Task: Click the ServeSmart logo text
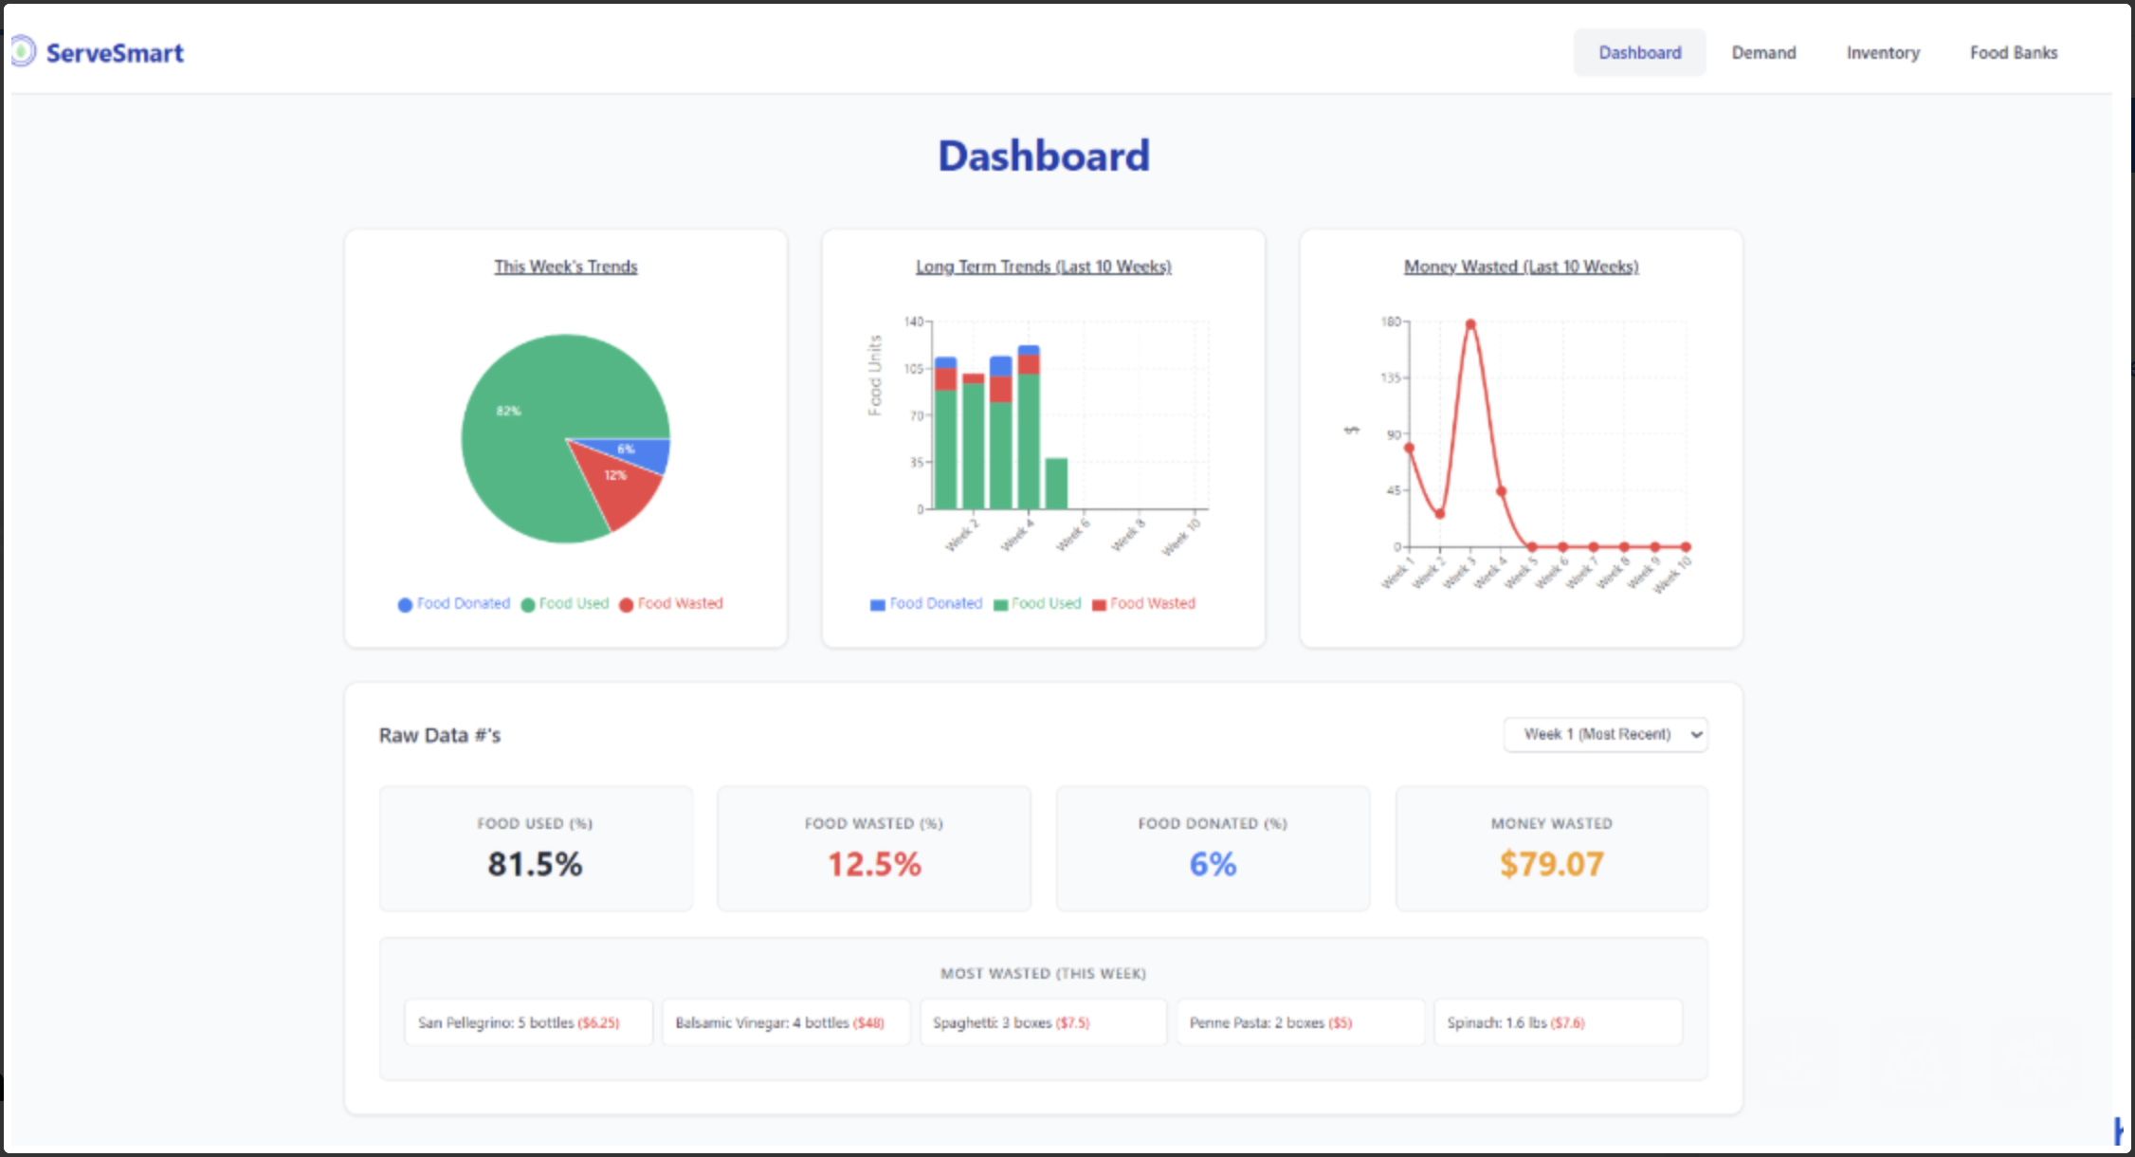(114, 53)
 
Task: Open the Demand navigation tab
(1763, 53)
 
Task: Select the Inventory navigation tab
(1883, 53)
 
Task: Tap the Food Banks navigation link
(2014, 53)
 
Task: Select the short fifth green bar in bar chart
(1056, 484)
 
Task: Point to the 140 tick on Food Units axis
(913, 322)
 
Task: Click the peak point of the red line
(1470, 324)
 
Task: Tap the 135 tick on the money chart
(1390, 378)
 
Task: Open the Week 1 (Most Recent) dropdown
(1605, 735)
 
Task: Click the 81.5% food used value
(535, 864)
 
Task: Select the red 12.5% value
(874, 864)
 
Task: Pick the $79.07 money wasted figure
(1551, 864)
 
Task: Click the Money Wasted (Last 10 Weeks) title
(1521, 267)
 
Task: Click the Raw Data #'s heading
(440, 736)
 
